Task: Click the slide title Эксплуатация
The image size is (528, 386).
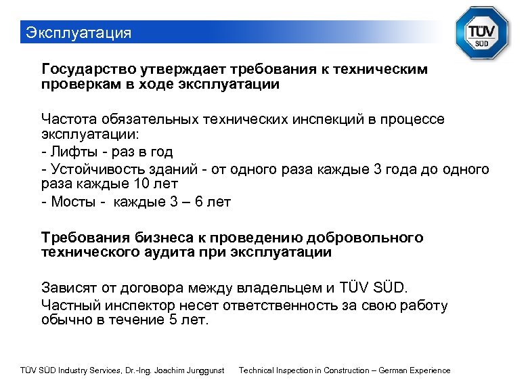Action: click(77, 33)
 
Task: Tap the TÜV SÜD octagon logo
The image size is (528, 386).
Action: click(481, 34)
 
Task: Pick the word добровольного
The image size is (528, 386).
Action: click(365, 237)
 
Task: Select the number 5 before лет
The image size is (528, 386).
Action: click(170, 320)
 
